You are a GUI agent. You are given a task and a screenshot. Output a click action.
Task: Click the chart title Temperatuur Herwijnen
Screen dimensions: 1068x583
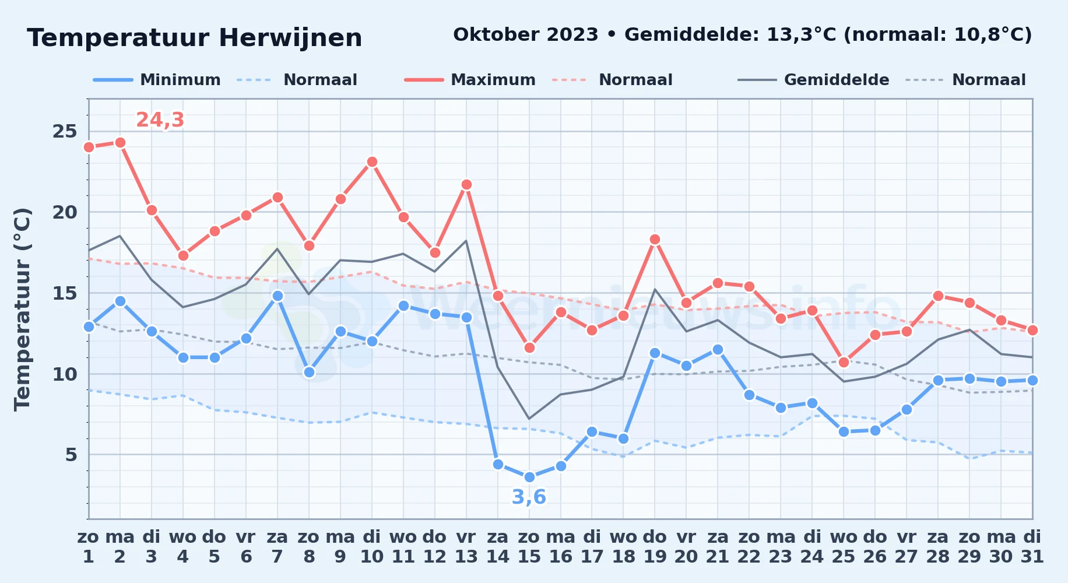click(195, 38)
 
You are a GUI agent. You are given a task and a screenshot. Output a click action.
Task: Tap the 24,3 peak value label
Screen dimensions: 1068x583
click(160, 120)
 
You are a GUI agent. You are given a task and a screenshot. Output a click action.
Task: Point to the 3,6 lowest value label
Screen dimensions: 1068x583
click(529, 497)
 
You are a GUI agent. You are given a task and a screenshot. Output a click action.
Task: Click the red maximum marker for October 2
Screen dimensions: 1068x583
click(120, 142)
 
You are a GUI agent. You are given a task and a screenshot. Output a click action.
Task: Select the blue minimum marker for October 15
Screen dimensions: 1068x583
click(529, 477)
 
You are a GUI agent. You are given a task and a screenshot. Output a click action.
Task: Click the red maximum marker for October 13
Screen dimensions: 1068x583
click(466, 185)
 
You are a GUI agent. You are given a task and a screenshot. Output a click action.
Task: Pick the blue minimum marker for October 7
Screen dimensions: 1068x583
click(277, 296)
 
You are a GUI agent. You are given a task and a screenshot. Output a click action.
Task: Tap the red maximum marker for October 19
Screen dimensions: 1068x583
click(655, 239)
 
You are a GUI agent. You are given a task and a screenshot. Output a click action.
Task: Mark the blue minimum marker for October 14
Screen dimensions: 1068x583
click(498, 464)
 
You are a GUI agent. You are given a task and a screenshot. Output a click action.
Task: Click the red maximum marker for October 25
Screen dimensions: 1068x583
click(844, 362)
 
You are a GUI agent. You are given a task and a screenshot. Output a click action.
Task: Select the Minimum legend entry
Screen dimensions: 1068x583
click(157, 80)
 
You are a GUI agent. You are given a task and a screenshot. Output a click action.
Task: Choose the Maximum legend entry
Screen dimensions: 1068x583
click(470, 80)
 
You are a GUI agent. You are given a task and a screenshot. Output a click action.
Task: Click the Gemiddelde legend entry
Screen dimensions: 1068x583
click(813, 80)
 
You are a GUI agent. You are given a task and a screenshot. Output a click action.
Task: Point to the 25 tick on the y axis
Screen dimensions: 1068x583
click(65, 131)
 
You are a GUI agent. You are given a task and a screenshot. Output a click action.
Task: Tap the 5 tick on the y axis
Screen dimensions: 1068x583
click(71, 454)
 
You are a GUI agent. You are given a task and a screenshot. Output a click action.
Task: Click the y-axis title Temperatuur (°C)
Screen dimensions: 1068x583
click(23, 309)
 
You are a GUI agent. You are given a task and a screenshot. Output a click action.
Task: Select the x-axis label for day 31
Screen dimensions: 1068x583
click(1032, 547)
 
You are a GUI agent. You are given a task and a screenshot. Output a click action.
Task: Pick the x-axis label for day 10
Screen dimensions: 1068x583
click(372, 547)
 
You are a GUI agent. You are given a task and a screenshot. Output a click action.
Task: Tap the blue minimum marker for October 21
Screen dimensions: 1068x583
click(718, 349)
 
